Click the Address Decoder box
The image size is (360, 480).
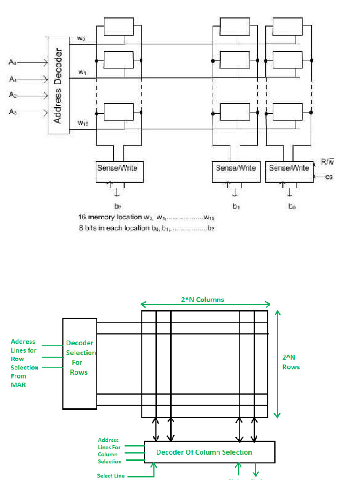coord(58,85)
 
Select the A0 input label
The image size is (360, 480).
coord(14,61)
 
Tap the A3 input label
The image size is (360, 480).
coord(14,112)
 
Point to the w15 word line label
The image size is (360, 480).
coord(83,123)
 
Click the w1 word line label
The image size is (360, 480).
coord(82,72)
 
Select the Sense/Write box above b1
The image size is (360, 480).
coord(236,172)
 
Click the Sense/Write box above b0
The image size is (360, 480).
coord(289,172)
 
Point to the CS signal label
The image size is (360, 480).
coord(329,177)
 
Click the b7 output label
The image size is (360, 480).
coord(118,205)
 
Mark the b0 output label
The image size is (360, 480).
coord(292,205)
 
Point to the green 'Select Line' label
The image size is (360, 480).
coord(111,476)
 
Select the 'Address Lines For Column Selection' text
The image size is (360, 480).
coord(110,451)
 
